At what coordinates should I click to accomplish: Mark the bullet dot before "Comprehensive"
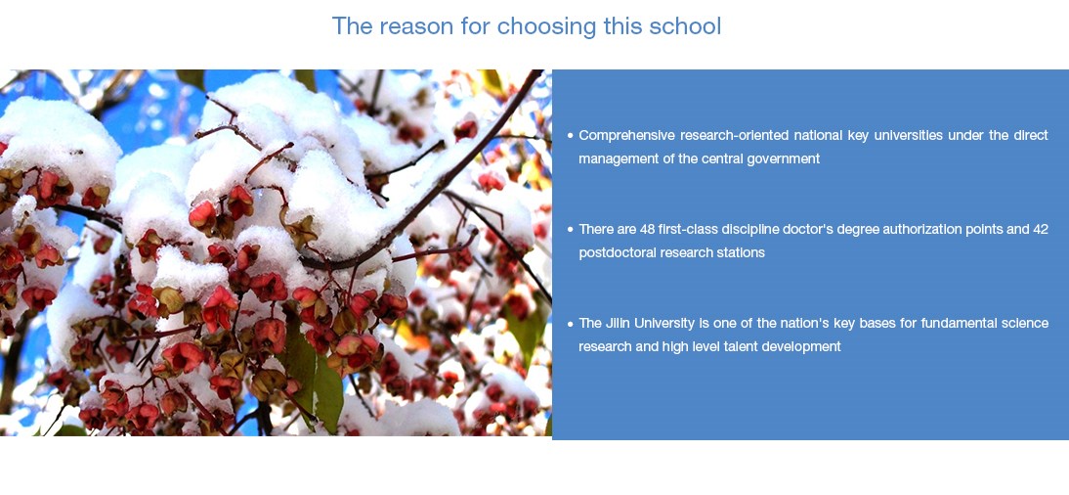point(570,136)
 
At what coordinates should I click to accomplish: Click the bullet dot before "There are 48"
point(570,230)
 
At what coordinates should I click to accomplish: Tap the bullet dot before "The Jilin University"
point(570,324)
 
